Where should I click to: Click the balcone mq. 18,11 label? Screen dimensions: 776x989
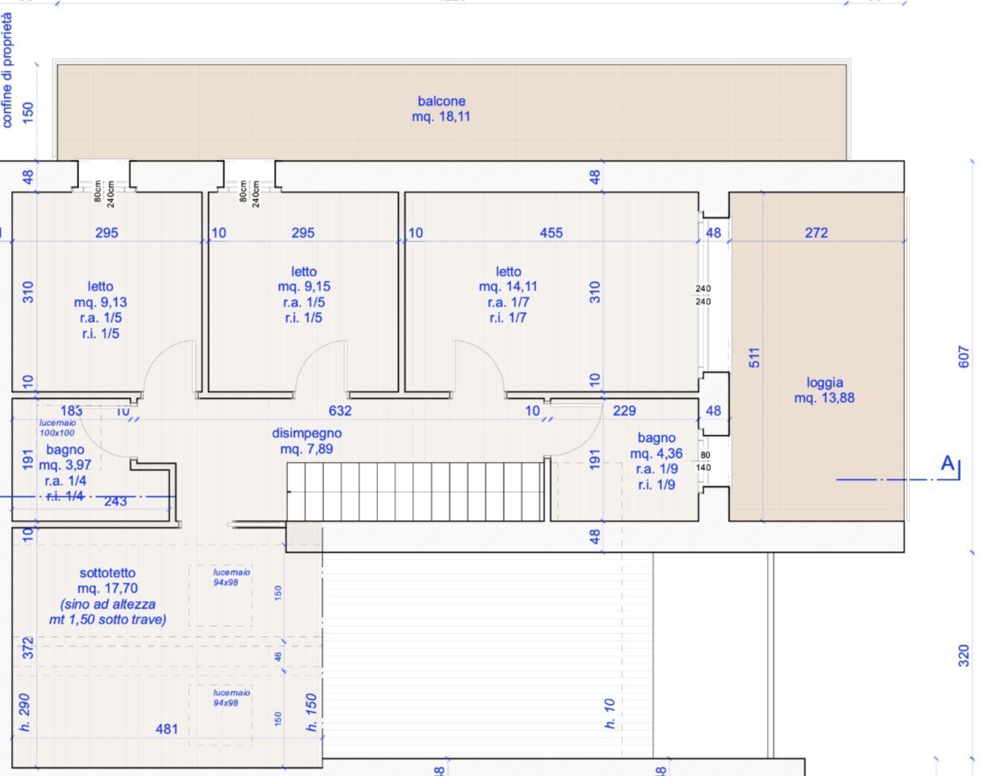click(x=441, y=109)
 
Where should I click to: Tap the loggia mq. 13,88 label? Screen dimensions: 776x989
click(x=824, y=390)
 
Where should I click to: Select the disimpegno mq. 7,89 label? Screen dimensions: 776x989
click(x=306, y=441)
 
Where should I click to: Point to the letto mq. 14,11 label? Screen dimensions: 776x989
click(x=508, y=294)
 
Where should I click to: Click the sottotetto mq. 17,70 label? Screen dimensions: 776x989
click(x=107, y=596)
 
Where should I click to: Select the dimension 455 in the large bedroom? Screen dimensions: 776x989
click(x=551, y=233)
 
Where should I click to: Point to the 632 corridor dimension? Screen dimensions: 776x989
click(x=340, y=410)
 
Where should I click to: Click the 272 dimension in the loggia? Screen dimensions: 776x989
click(x=817, y=233)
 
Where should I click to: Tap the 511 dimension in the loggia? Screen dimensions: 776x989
click(x=755, y=358)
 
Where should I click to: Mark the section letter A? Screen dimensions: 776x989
click(x=947, y=464)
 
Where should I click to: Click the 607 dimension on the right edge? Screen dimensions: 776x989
click(x=965, y=358)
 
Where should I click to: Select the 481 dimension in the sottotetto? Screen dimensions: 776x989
click(x=167, y=729)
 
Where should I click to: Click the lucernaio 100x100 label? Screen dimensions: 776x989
click(x=57, y=428)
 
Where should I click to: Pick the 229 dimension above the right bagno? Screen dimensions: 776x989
click(x=624, y=410)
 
